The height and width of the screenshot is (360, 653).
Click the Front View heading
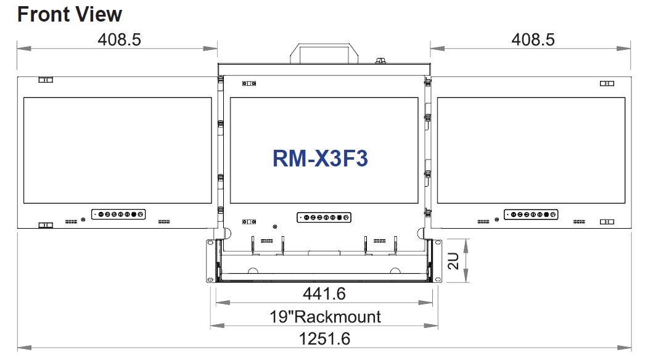pos(70,14)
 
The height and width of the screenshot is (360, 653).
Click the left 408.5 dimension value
pos(119,40)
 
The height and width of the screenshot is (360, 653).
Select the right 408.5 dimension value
pos(533,40)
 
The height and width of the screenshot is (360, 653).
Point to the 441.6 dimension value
pos(324,292)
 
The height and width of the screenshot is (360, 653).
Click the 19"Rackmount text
pos(325,317)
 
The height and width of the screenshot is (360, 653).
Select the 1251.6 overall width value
pos(324,339)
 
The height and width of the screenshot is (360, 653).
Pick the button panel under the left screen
pos(118,215)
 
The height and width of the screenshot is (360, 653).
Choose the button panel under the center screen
pos(324,217)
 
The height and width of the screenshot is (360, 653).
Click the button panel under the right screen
pos(531,215)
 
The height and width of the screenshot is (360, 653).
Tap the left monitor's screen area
pos(118,150)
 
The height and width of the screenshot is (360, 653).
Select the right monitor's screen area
pos(531,150)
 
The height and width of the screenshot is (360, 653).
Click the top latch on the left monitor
pos(46,80)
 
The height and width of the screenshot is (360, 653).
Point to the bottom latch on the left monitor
pos(46,226)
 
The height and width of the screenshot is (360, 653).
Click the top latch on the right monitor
pos(607,83)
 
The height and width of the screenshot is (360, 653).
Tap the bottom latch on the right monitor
pos(607,221)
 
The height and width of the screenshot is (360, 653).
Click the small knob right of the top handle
pos(380,60)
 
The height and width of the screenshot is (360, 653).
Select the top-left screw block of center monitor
pos(249,83)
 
